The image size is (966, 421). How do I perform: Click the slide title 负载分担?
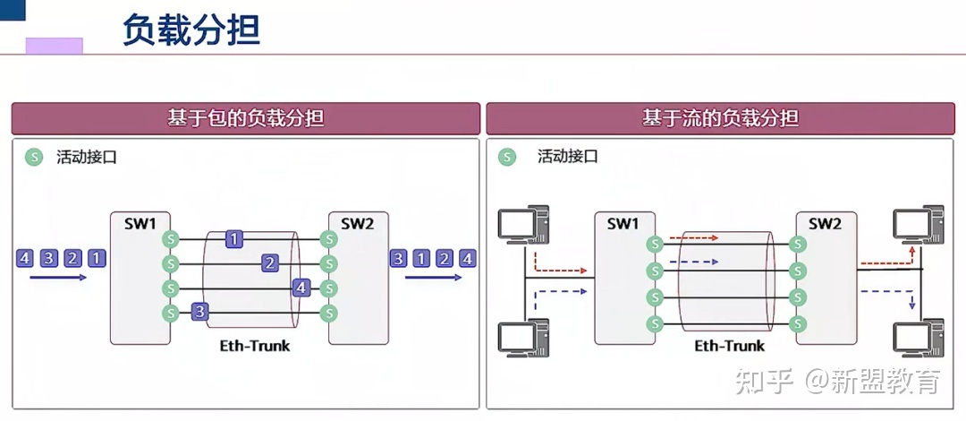191,30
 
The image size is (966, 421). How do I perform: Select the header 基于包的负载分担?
246,118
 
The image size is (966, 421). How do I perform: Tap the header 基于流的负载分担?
720,118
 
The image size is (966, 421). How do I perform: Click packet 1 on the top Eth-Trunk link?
233,239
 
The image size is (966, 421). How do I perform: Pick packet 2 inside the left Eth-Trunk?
269,263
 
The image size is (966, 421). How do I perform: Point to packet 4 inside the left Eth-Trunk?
302,288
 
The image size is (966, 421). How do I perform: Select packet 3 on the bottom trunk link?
200,312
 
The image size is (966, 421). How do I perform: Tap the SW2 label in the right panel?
826,223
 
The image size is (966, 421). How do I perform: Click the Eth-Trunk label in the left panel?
255,345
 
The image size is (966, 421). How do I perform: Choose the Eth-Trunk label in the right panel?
730,346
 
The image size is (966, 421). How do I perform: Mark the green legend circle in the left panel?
34,158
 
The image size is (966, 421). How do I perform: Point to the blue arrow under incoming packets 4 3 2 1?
58,278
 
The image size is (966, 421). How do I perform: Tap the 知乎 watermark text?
765,382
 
